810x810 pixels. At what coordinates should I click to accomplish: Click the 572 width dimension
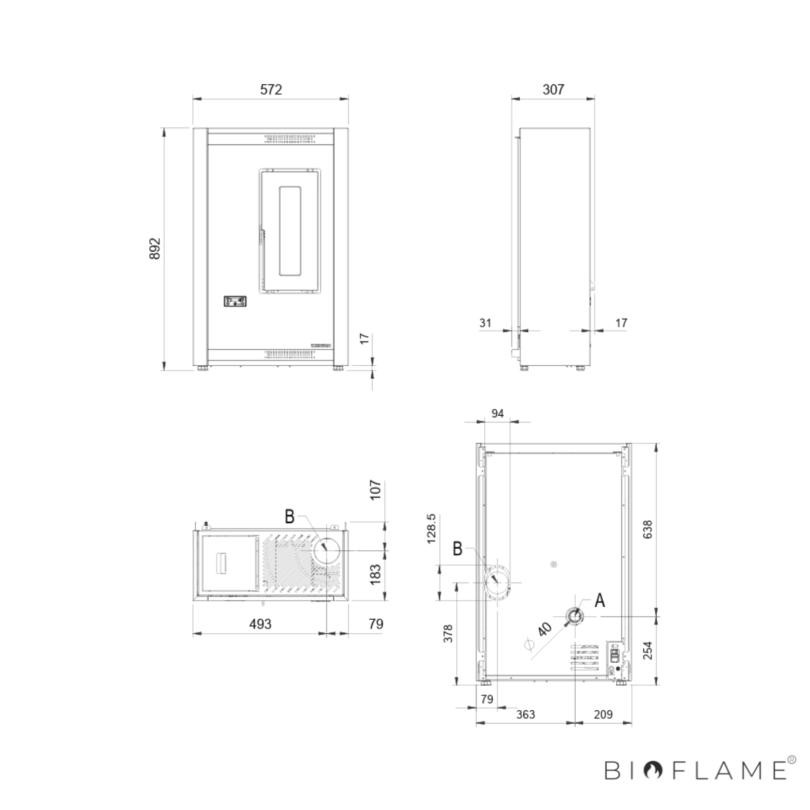[271, 89]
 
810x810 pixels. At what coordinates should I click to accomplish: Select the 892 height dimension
[155, 248]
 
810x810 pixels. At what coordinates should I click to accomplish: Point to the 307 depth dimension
[553, 89]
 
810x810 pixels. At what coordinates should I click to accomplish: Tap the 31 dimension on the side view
[485, 323]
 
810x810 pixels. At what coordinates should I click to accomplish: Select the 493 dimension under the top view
[260, 624]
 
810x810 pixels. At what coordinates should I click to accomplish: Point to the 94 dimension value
[497, 414]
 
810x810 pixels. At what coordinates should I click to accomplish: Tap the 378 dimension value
[448, 633]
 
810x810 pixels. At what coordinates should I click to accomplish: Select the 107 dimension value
[376, 489]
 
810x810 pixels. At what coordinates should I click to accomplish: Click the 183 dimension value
[376, 573]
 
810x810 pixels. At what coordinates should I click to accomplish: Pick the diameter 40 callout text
[545, 628]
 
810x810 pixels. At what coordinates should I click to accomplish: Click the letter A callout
[599, 600]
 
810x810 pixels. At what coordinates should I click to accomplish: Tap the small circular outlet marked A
[574, 616]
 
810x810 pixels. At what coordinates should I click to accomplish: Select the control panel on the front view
[236, 301]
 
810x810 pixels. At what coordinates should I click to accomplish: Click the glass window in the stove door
[291, 230]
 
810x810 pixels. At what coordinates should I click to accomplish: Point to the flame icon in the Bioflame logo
[653, 769]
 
